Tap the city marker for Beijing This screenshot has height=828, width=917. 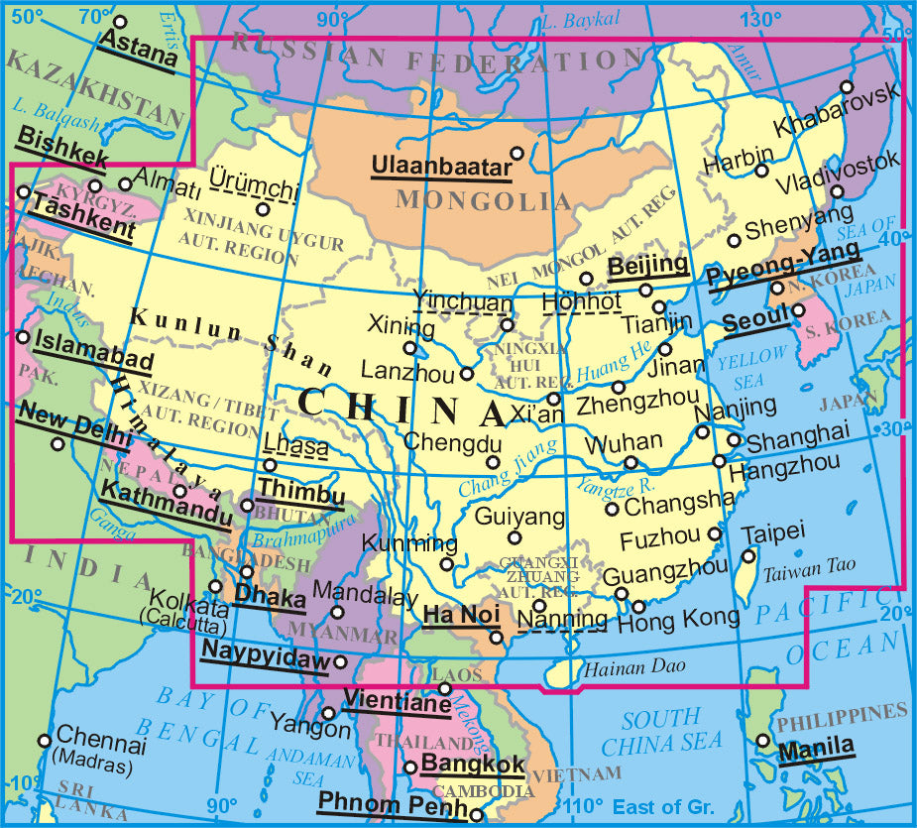646,291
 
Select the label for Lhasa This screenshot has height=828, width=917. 296,447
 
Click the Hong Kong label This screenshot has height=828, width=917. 678,620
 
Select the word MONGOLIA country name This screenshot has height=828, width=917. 485,200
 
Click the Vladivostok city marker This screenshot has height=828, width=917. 838,191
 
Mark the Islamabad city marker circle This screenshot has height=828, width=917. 23,337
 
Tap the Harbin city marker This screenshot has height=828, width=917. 761,171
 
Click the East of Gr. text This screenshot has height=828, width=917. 663,807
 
